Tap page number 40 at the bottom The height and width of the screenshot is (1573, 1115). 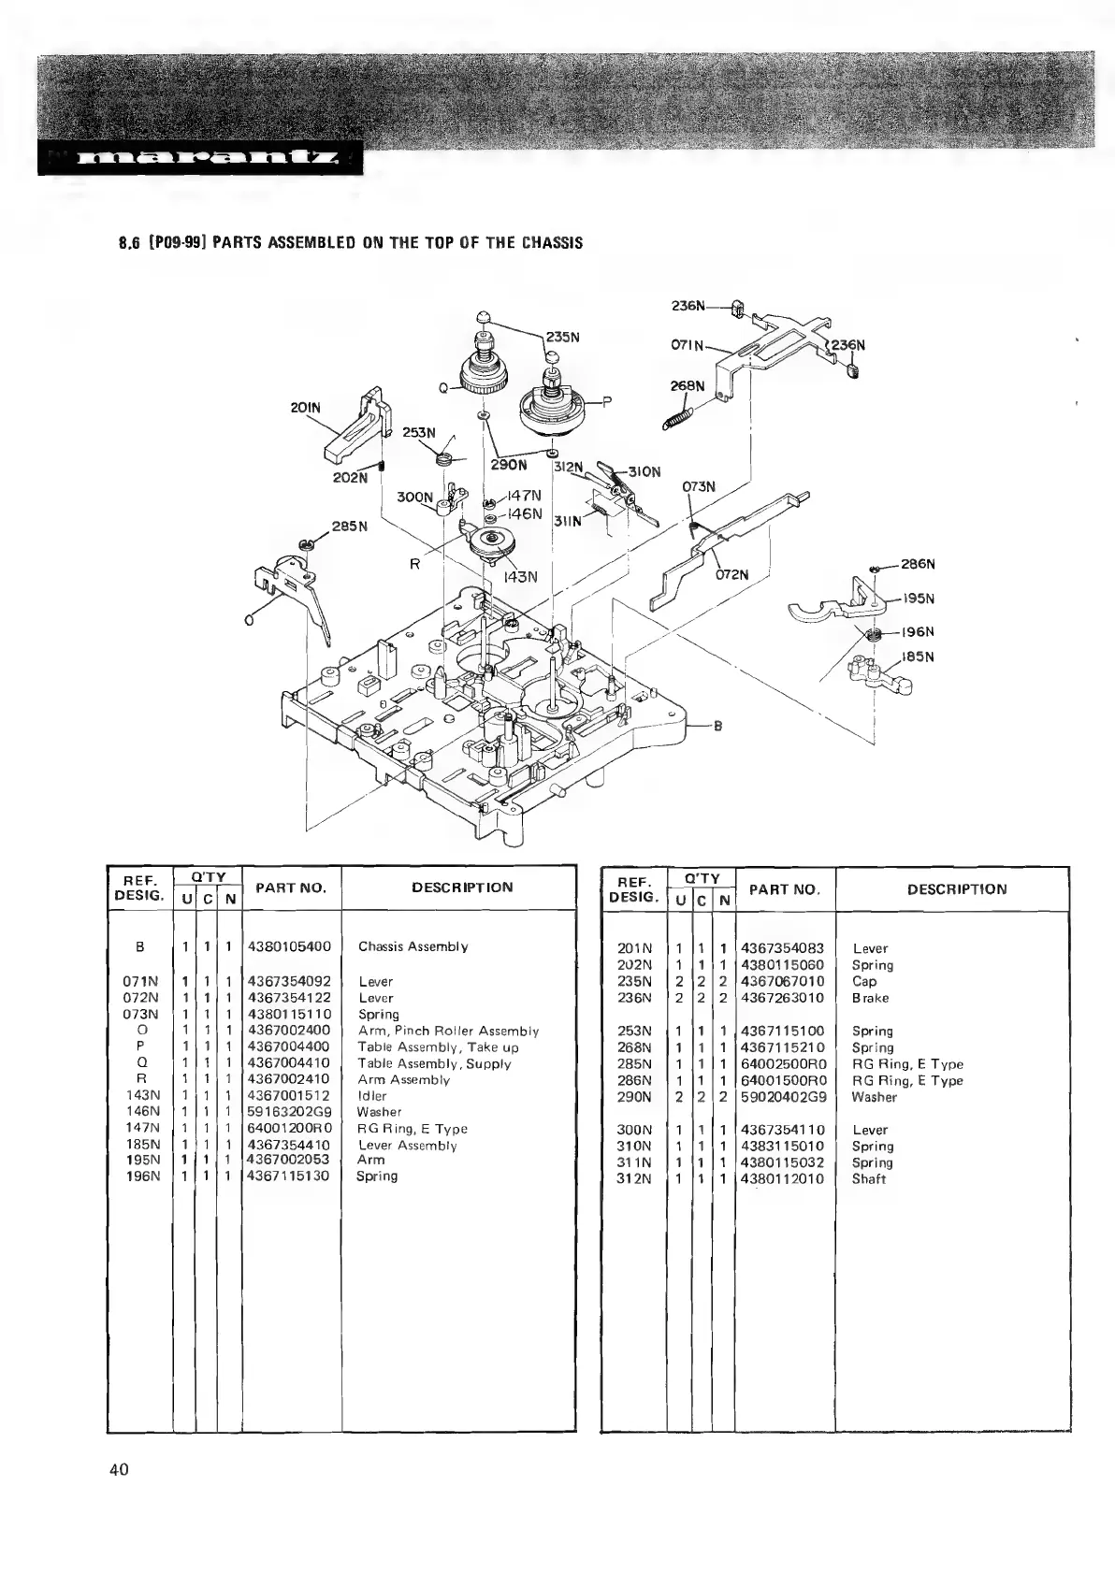pos(119,1469)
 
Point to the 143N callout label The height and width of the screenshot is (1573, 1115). pos(521,577)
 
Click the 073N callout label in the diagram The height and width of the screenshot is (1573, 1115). pos(698,486)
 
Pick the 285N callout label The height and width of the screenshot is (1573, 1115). pos(351,526)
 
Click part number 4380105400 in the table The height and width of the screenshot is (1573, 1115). pos(289,946)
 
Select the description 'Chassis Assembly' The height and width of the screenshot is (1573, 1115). pos(413,946)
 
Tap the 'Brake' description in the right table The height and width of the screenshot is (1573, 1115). pos(870,998)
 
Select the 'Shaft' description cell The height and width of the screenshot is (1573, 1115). pos(868,1178)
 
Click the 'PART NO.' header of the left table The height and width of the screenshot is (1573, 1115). pos(291,888)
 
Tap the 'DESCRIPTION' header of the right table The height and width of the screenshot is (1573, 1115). pos(957,888)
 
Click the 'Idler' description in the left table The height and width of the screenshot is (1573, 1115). pos(372,1096)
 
